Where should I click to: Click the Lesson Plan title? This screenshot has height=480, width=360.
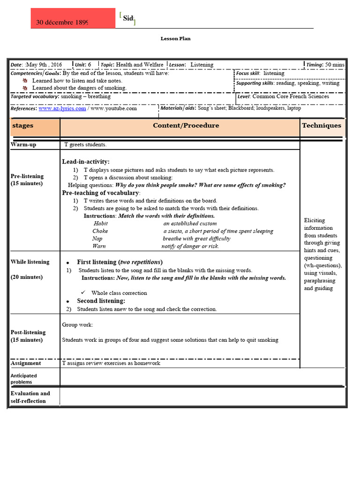click(176, 38)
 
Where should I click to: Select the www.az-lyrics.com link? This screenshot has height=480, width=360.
click(62, 108)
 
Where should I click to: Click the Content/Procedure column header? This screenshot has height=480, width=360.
click(186, 126)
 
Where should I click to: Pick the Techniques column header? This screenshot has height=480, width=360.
click(322, 126)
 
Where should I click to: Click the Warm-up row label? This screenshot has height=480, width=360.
click(23, 145)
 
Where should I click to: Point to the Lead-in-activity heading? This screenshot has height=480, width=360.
click(86, 162)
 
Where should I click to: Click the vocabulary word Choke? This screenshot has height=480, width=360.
click(100, 231)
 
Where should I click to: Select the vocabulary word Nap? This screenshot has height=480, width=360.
click(97, 239)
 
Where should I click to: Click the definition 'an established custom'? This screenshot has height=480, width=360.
click(190, 224)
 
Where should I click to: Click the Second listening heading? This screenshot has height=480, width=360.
click(101, 301)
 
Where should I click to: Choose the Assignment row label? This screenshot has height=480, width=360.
click(26, 363)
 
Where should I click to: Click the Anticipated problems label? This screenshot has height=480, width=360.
click(24, 379)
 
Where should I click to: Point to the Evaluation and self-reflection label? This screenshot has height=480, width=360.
click(30, 397)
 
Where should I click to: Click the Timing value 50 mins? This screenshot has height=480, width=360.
click(335, 65)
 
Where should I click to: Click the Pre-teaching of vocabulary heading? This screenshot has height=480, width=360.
click(101, 193)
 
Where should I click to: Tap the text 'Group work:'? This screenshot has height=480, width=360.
click(77, 325)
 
